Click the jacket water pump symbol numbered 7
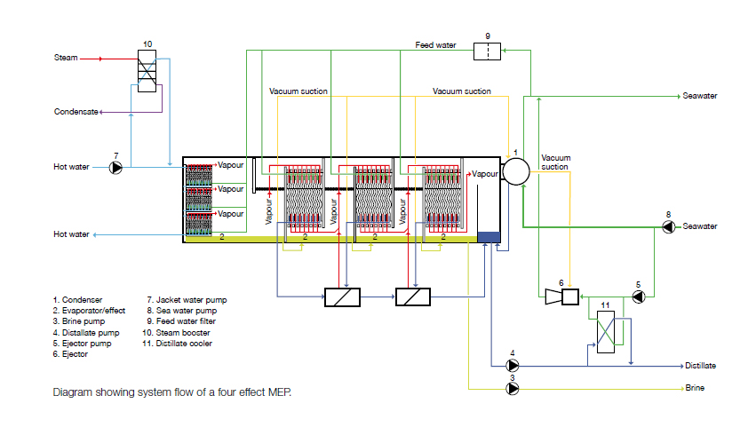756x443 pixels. (115, 166)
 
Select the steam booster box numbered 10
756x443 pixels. (147, 69)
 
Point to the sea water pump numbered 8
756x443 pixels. (668, 226)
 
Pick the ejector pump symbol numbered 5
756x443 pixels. (638, 297)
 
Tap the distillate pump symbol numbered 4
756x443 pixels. (513, 365)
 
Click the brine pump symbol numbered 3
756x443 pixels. (513, 389)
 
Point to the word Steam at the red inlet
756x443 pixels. (66, 59)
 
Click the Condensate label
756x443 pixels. (76, 112)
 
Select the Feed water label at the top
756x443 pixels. (437, 44)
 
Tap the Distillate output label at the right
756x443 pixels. (700, 365)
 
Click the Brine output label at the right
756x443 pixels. (695, 389)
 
